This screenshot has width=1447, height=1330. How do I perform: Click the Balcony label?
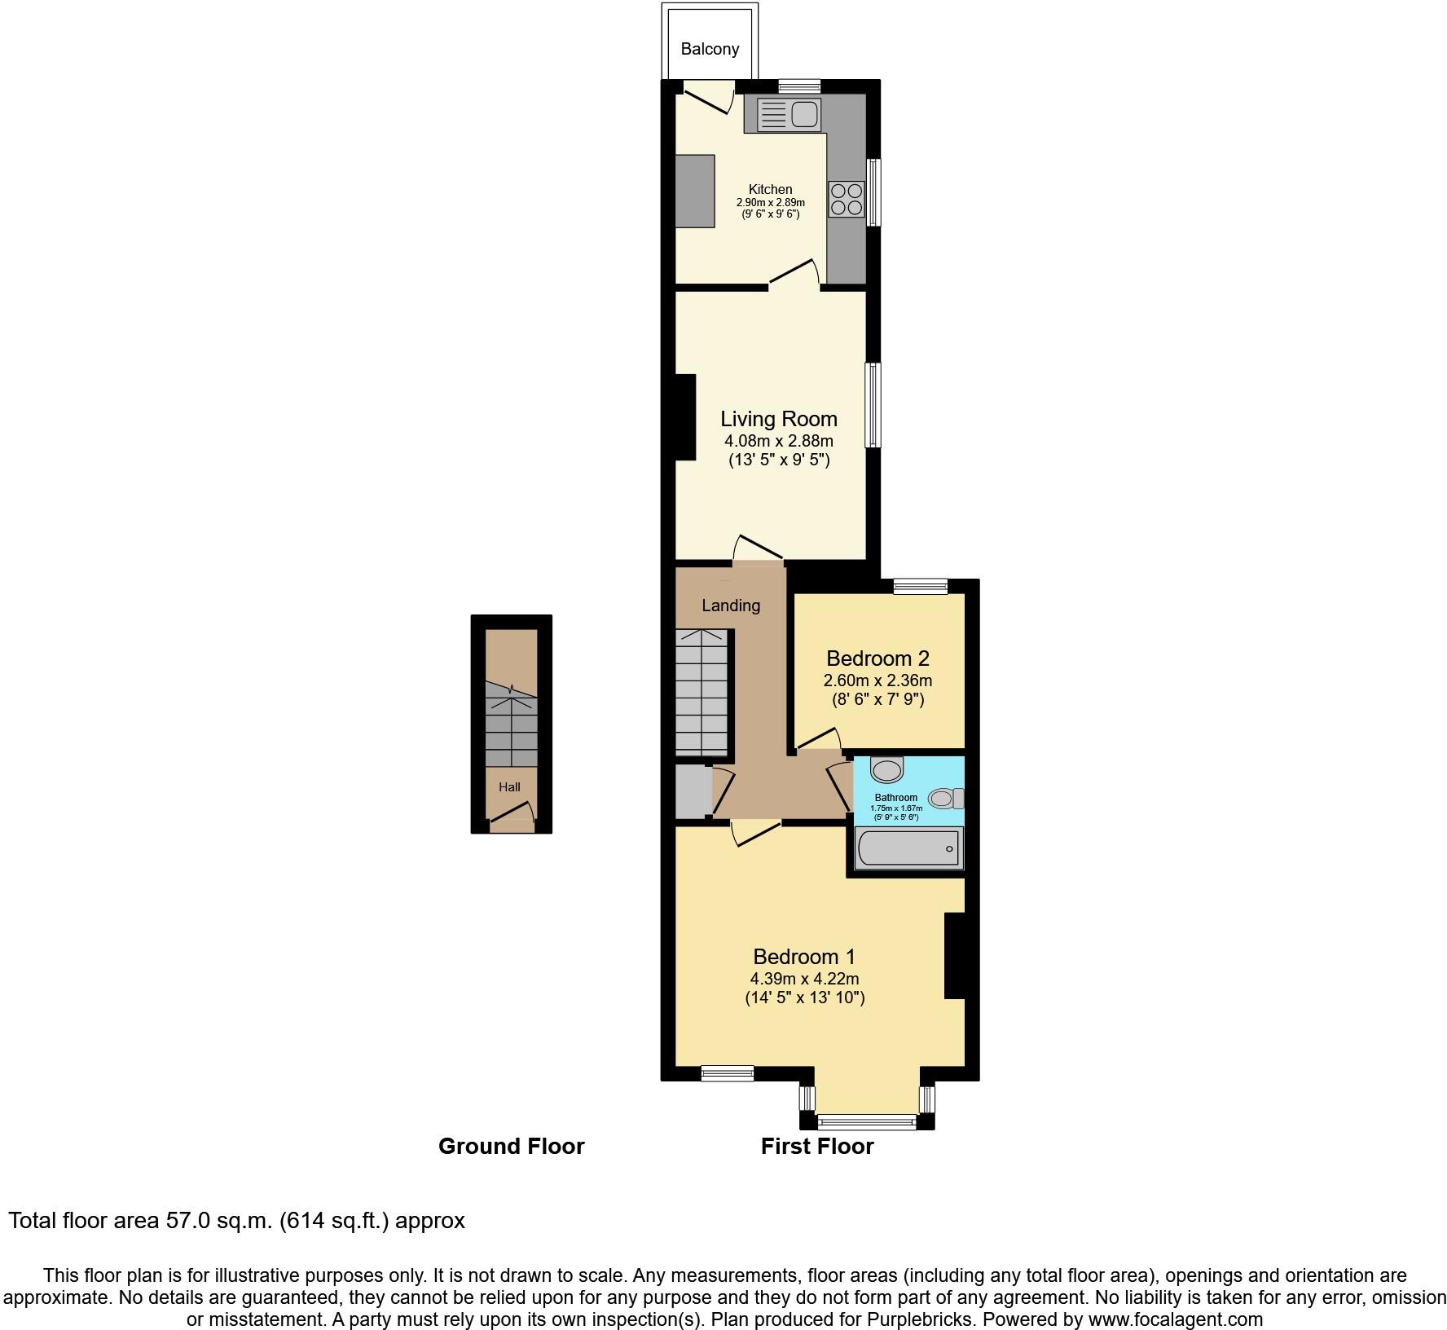[710, 49]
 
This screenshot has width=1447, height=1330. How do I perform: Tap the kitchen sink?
[789, 114]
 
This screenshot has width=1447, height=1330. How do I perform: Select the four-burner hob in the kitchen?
[847, 199]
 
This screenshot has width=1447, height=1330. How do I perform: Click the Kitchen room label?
[770, 189]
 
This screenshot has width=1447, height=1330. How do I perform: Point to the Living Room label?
[779, 419]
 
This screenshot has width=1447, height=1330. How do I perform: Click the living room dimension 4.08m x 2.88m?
[779, 441]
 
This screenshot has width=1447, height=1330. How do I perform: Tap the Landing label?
[731, 606]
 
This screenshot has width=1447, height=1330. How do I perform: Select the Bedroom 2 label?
[877, 658]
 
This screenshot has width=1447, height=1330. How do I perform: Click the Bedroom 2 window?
[921, 586]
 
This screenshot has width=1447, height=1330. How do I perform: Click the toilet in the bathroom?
[944, 799]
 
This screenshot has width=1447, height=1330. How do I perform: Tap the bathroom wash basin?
[887, 768]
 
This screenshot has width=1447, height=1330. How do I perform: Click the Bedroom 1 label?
[804, 957]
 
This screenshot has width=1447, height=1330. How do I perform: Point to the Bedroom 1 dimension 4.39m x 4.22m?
[804, 979]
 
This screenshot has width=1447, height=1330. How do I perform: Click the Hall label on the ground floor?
[510, 787]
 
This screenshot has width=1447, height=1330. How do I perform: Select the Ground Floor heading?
[512, 1147]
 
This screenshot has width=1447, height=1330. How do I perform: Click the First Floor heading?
[817, 1147]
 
